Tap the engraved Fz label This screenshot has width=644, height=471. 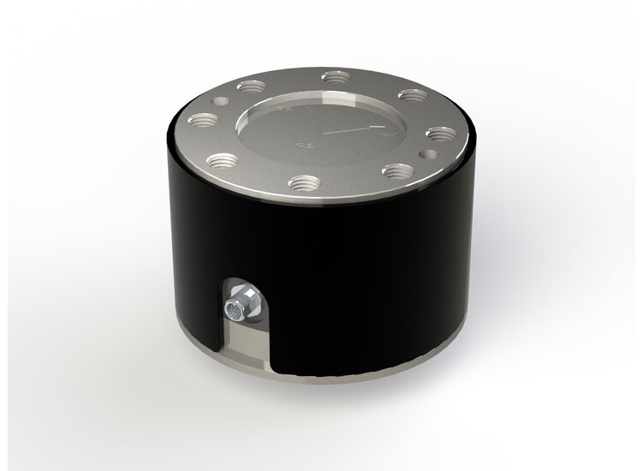301,146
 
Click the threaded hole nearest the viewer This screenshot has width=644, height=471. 301,182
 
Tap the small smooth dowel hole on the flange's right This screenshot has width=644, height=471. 432,154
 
